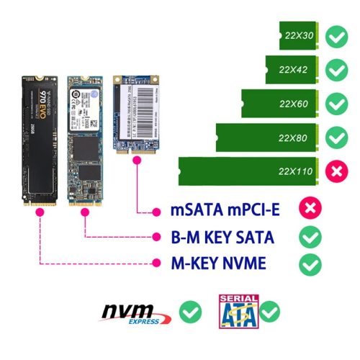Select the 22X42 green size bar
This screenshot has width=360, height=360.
tap(291, 69)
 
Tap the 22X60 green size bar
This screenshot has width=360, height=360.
tap(278, 103)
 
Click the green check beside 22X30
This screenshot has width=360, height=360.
tap(335, 35)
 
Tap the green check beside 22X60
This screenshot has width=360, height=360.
tap(335, 103)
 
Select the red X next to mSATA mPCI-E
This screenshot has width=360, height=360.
tap(310, 210)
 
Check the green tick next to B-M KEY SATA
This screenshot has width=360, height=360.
tap(310, 237)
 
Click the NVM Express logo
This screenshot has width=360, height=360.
tap(136, 313)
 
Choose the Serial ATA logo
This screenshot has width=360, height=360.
tap(238, 311)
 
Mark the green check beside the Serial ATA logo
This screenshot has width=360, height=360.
tap(270, 312)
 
